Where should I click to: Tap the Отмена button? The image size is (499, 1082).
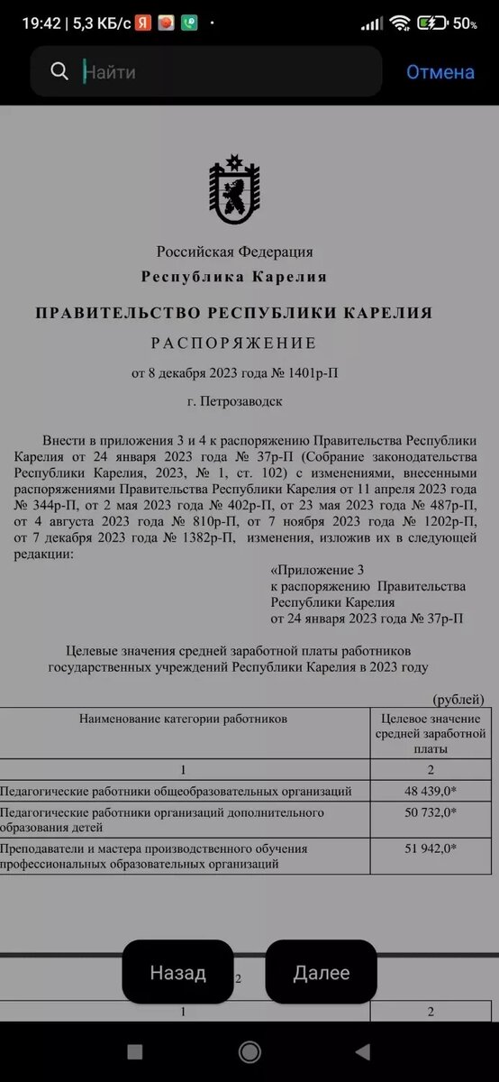(x=440, y=72)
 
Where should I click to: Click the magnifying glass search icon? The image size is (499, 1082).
(x=59, y=72)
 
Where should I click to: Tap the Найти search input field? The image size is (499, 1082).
(x=225, y=72)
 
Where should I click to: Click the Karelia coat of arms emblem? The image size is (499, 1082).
(x=234, y=190)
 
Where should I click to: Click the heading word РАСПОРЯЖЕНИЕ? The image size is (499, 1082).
(x=233, y=344)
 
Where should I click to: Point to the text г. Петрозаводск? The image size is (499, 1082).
(x=234, y=401)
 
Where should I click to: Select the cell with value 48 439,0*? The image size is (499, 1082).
(x=430, y=792)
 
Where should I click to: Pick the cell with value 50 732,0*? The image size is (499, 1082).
(x=430, y=812)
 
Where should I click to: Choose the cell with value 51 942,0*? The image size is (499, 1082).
(x=430, y=848)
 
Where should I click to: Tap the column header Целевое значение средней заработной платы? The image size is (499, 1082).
(x=430, y=733)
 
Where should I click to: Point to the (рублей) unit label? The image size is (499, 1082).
(x=458, y=700)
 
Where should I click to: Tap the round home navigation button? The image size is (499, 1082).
(x=249, y=1051)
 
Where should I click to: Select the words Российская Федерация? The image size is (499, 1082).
(x=234, y=252)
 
